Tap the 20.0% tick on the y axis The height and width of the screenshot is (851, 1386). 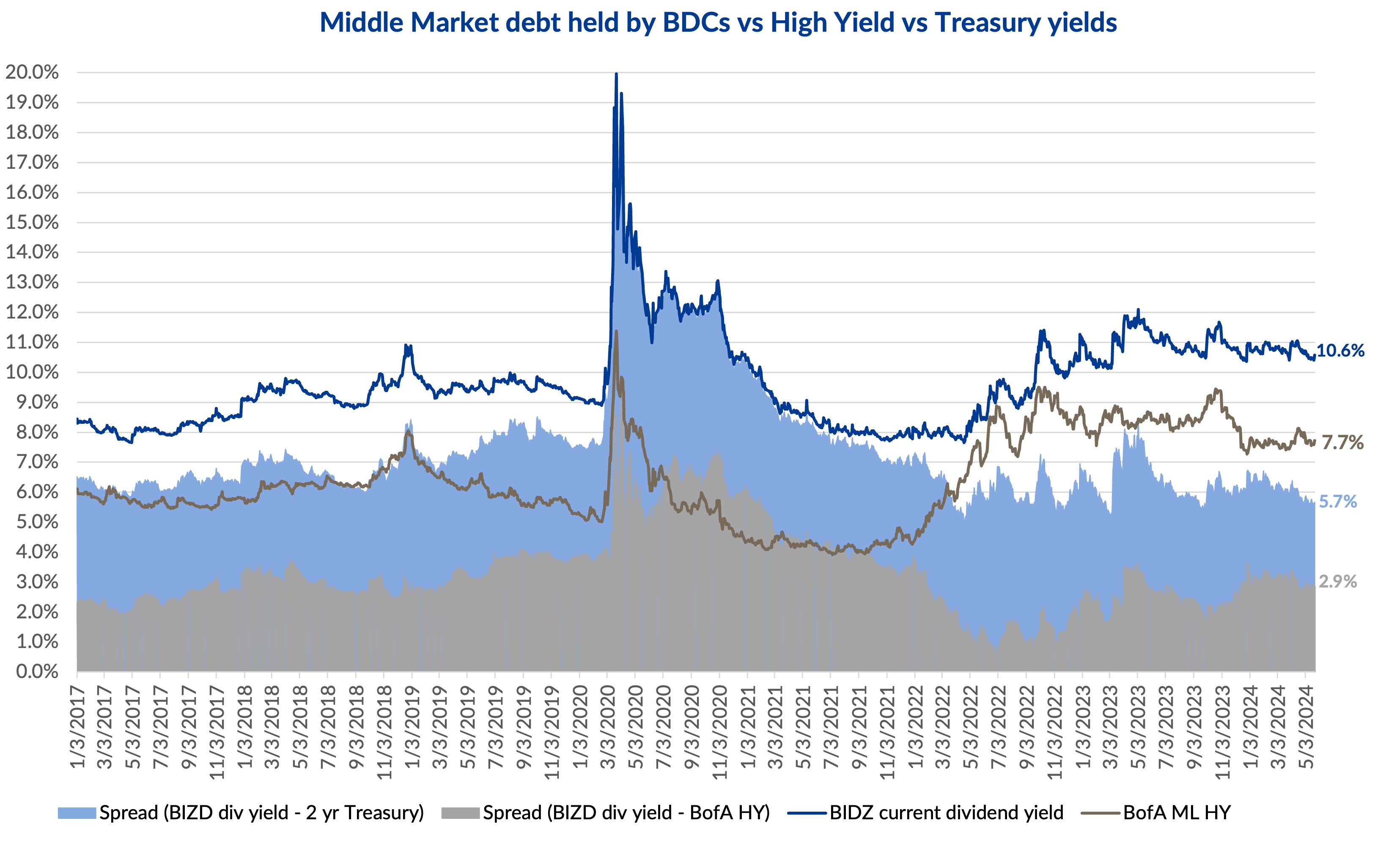[32, 72]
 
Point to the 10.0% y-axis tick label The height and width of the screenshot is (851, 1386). [32, 372]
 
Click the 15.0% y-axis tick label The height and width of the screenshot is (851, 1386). [32, 222]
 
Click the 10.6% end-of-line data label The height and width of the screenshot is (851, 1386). [1340, 351]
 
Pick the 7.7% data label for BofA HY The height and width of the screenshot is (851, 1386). [1342, 443]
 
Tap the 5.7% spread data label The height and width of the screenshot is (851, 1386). [1338, 502]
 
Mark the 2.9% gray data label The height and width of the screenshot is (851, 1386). [1338, 582]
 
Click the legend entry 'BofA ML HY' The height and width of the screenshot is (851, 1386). [1177, 813]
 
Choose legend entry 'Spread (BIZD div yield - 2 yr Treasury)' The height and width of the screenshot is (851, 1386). [261, 813]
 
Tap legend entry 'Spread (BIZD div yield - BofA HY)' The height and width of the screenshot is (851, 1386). [626, 813]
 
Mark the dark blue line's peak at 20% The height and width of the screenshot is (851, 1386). [616, 74]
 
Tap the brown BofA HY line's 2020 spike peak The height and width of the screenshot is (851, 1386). [616, 332]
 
